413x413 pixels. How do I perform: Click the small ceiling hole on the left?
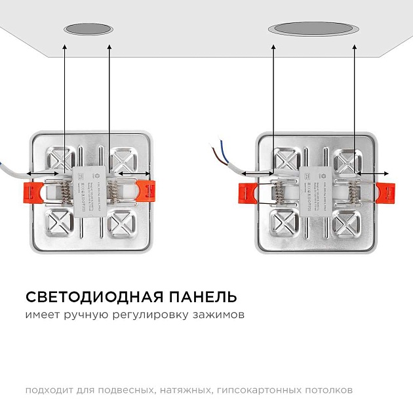click(x=88, y=29)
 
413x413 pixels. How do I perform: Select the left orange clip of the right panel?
click(x=246, y=192)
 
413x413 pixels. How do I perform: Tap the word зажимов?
click(x=220, y=315)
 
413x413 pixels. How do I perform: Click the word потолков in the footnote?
click(x=331, y=390)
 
